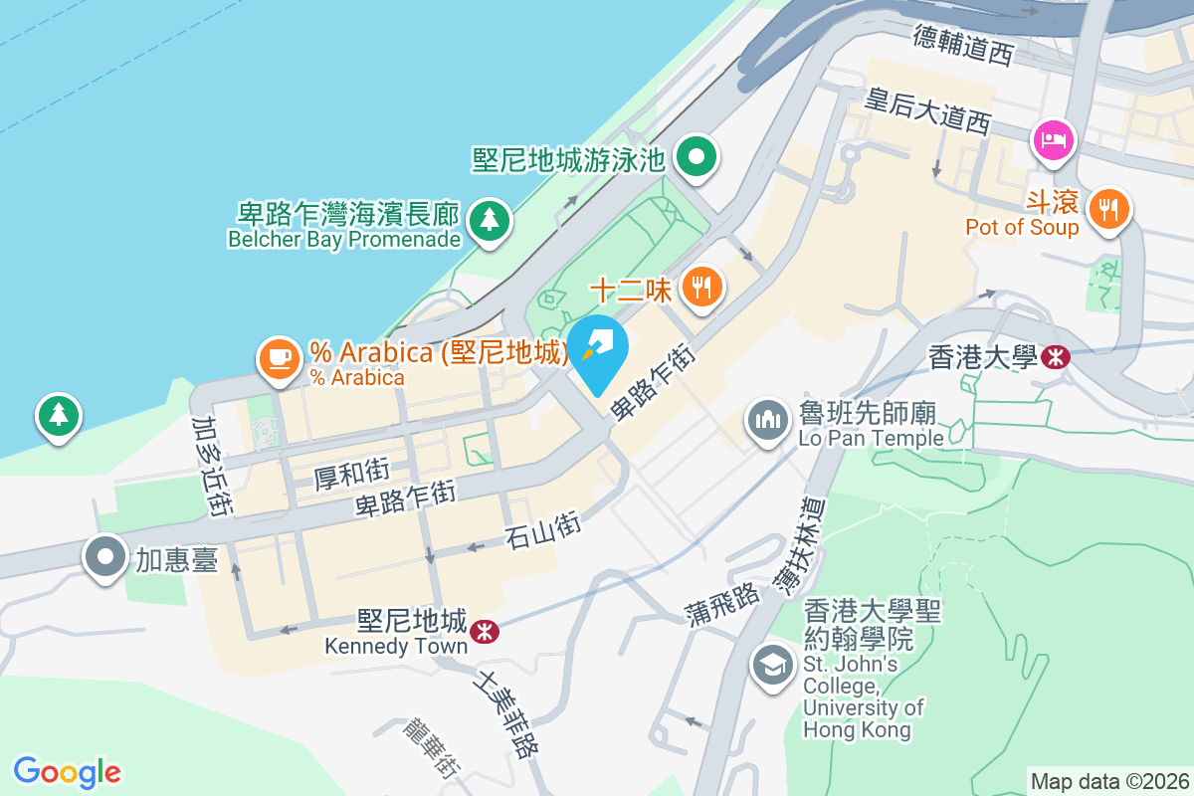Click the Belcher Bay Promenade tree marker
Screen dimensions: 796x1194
pyautogui.click(x=489, y=220)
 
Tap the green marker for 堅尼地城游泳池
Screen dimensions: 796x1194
pyautogui.click(x=696, y=157)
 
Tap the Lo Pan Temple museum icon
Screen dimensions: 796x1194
pyautogui.click(x=767, y=422)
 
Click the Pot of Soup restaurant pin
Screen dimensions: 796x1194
pyautogui.click(x=1107, y=209)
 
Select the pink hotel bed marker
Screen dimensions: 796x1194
pyautogui.click(x=1053, y=140)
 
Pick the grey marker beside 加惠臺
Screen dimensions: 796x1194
pyautogui.click(x=105, y=558)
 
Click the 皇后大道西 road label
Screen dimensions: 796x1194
pyautogui.click(x=929, y=109)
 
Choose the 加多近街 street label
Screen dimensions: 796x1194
pyautogui.click(x=211, y=465)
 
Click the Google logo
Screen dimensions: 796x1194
pyautogui.click(x=68, y=771)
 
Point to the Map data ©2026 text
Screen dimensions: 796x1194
pyautogui.click(x=1109, y=781)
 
